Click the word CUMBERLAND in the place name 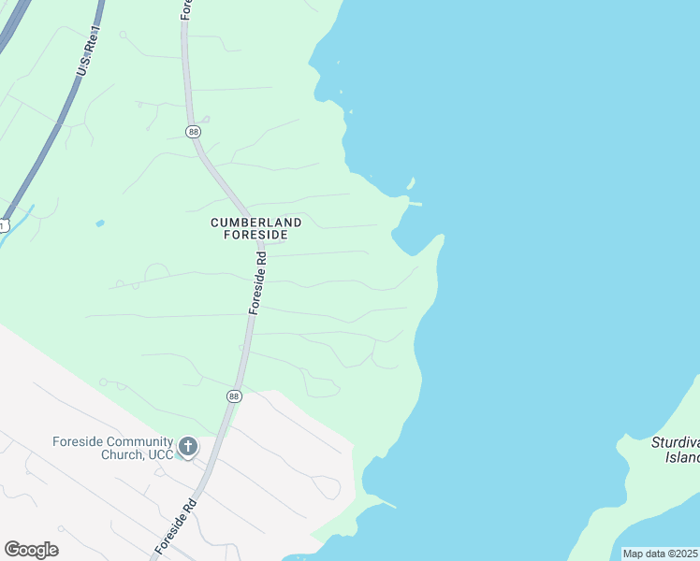coord(255,223)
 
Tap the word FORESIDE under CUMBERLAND coord(255,235)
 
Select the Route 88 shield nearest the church coord(233,396)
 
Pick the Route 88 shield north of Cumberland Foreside coord(193,132)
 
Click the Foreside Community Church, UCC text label coord(113,448)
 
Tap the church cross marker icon coord(188,447)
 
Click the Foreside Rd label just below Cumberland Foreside coord(258,280)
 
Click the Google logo coord(31,550)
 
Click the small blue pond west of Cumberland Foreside coord(100,223)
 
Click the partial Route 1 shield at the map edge coord(3,225)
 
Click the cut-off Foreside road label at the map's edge coord(185,9)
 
